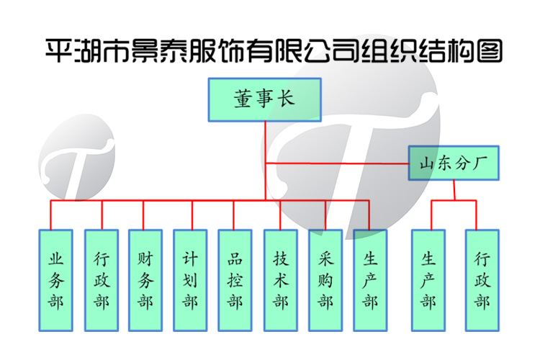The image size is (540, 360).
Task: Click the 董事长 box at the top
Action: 264,100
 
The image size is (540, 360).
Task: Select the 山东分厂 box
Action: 454,163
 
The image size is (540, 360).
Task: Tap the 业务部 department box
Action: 55,280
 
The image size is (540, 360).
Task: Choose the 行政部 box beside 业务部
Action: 102,280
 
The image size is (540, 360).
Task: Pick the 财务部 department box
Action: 145,280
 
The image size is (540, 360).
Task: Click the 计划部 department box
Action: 190,280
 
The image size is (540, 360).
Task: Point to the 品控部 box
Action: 235,280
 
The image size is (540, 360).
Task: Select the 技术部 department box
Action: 281,280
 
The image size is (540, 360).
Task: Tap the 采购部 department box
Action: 325,280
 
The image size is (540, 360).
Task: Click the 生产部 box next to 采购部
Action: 370,280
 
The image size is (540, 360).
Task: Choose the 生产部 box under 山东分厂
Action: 429,280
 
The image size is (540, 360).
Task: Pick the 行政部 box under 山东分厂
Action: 482,280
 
